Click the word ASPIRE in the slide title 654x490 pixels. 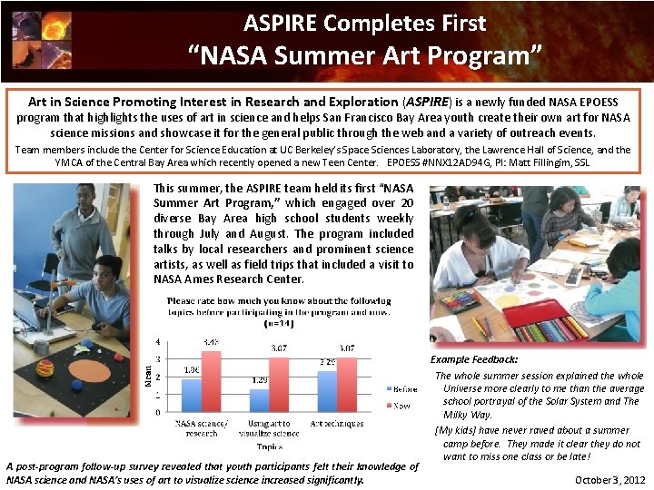[284, 22]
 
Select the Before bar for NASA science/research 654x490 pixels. [192, 395]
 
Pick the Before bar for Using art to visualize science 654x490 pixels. [259, 399]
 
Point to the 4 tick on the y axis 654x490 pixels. [160, 342]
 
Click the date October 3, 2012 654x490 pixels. [610, 479]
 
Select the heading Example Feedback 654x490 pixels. [474, 359]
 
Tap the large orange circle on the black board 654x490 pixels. [89, 369]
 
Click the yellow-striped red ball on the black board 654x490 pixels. [45, 367]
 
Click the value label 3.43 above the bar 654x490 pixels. [211, 343]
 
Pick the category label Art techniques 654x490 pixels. [336, 423]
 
